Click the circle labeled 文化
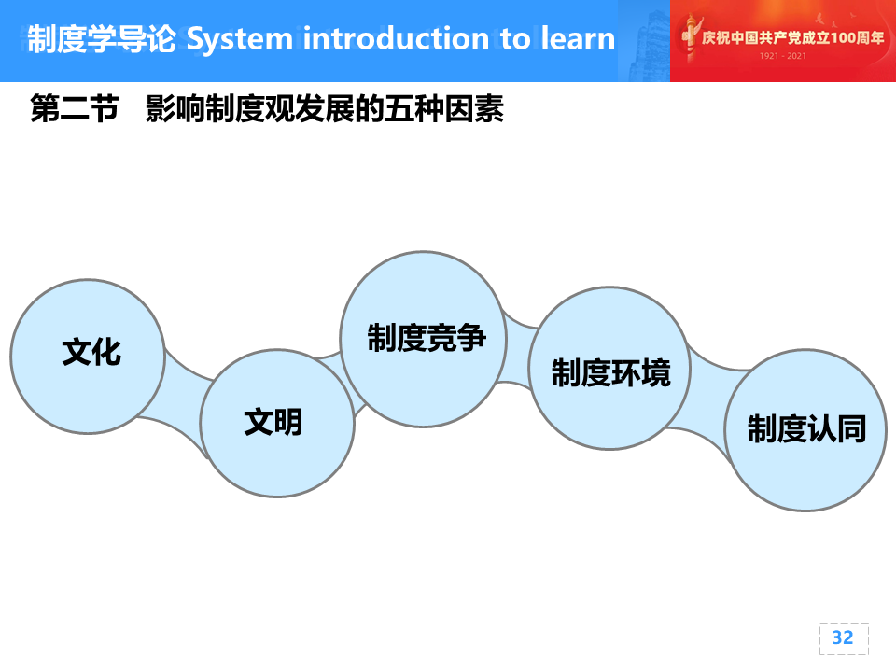click(88, 357)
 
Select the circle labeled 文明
click(277, 424)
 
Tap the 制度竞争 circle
click(424, 339)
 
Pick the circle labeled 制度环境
click(609, 369)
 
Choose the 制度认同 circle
click(805, 429)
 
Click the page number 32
click(843, 637)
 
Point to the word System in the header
click(240, 39)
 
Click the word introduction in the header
click(396, 38)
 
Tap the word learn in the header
click(578, 38)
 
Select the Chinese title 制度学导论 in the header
click(102, 39)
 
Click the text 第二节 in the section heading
click(75, 108)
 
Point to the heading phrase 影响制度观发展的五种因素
click(325, 108)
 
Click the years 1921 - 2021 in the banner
click(782, 56)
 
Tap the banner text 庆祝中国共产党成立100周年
click(792, 37)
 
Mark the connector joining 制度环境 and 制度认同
click(708, 400)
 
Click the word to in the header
click(515, 39)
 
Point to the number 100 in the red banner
click(844, 37)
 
